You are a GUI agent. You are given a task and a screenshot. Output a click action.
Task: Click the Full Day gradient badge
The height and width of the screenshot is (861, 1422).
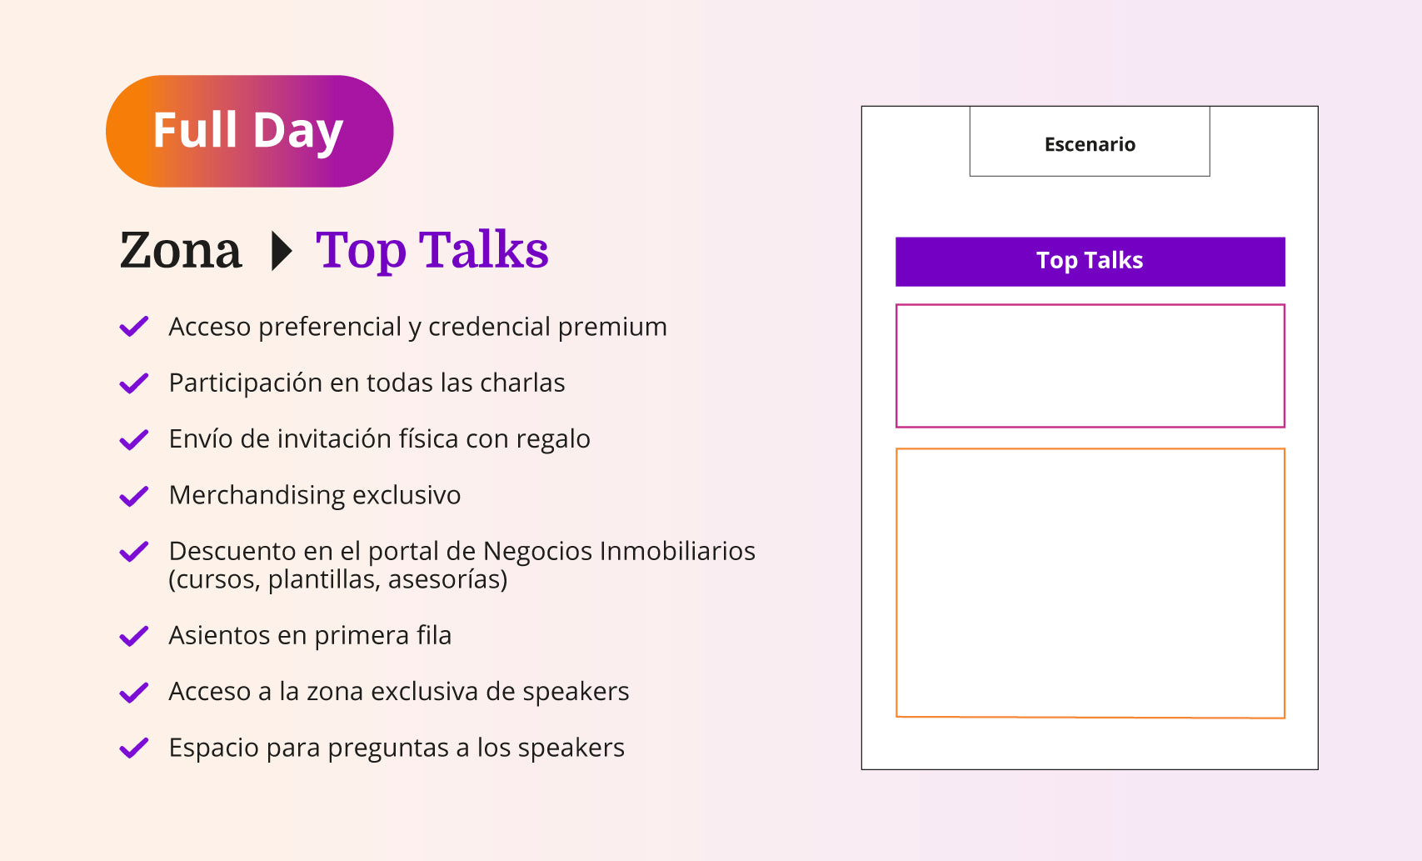249,131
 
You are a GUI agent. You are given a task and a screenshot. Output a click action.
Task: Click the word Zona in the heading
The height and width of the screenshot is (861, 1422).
180,250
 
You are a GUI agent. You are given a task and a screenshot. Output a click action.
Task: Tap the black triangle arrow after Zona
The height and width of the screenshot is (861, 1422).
282,251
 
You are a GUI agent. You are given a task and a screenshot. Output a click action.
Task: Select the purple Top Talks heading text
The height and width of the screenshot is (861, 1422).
432,251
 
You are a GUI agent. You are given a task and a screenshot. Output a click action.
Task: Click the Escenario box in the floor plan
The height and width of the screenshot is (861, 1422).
1090,142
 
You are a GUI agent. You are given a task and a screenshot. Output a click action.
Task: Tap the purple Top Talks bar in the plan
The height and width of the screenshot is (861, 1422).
1090,262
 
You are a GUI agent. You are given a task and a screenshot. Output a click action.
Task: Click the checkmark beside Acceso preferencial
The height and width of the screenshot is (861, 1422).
134,327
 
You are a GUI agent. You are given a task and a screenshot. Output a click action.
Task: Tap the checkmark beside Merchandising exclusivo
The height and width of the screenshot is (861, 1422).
134,496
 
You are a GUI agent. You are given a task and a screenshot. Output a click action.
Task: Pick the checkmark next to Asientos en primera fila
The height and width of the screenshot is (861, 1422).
134,636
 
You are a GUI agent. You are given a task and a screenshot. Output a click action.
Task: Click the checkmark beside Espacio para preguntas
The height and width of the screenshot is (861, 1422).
134,748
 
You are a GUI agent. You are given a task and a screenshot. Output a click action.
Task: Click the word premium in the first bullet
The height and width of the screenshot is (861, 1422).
612,328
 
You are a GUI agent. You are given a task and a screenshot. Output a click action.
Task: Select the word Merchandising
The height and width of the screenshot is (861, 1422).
257,495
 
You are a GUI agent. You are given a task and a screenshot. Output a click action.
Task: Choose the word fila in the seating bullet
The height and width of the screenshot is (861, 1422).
434,635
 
